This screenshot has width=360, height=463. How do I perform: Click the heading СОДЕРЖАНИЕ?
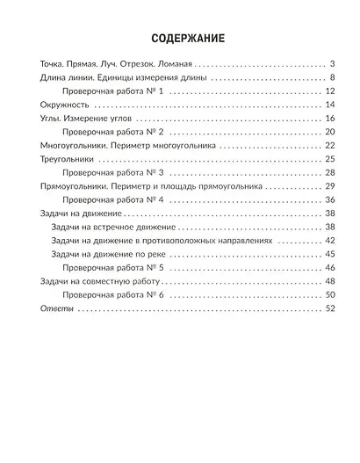tap(180, 39)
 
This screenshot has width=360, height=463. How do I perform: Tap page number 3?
tap(335, 65)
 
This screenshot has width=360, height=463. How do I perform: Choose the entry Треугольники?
tap(70, 159)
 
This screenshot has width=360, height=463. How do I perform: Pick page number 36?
tap(331, 200)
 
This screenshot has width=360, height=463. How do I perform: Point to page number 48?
tap(331, 280)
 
